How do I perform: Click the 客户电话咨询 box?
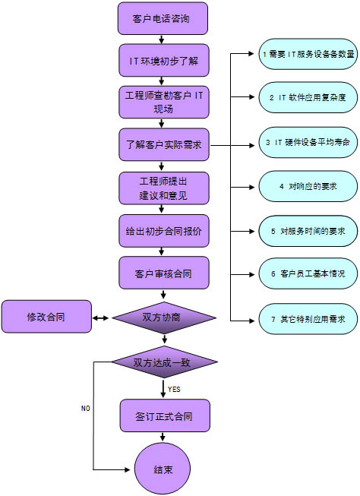click(x=163, y=18)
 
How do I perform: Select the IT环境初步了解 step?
click(x=164, y=60)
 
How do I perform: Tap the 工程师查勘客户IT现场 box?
click(x=164, y=102)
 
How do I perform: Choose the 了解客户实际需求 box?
click(x=164, y=144)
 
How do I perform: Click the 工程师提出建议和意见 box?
click(x=164, y=188)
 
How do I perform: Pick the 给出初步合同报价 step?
click(x=164, y=231)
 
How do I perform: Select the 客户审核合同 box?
click(x=164, y=273)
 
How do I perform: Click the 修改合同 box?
click(x=46, y=316)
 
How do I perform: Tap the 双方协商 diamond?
click(x=164, y=318)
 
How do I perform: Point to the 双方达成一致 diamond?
click(x=164, y=362)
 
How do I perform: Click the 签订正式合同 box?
click(x=165, y=415)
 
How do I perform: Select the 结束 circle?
click(x=163, y=469)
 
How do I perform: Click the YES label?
click(x=174, y=389)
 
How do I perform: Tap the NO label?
click(x=85, y=409)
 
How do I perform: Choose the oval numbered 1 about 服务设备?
click(x=308, y=54)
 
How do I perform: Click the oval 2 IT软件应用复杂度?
click(x=308, y=97)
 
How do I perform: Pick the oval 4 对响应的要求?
click(x=308, y=186)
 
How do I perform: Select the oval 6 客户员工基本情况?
click(x=308, y=273)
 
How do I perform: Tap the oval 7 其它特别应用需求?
click(x=308, y=319)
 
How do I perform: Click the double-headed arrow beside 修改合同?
click(x=100, y=318)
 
